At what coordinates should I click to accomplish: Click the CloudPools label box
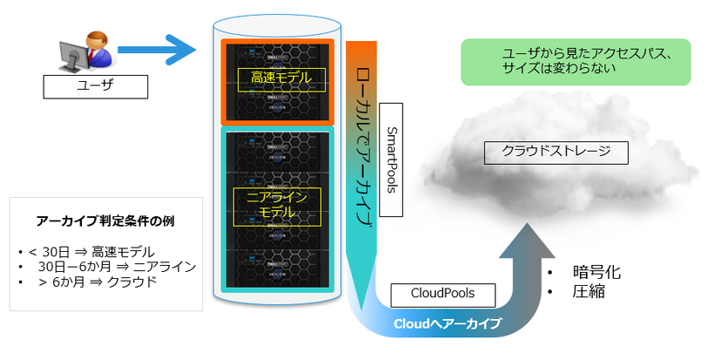(x=441, y=293)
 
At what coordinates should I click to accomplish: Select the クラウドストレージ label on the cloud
(x=555, y=152)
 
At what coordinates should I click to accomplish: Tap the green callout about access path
(x=575, y=61)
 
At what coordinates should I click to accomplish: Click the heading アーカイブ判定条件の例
(x=106, y=221)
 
